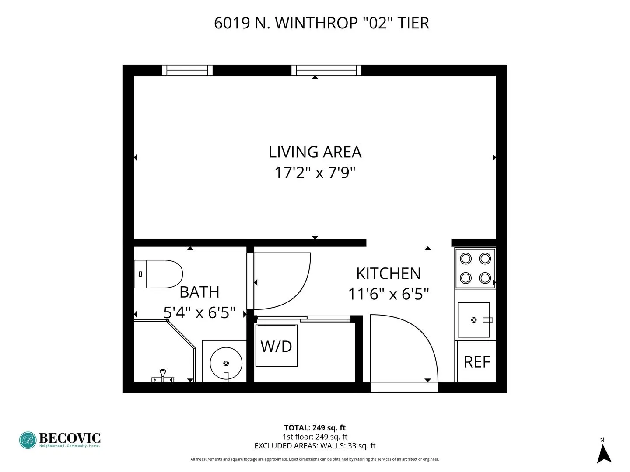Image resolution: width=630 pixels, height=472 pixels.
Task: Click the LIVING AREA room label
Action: pyautogui.click(x=315, y=152)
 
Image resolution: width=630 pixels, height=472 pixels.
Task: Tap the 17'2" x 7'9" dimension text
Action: pyautogui.click(x=315, y=173)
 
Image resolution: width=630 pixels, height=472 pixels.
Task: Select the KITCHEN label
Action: pyautogui.click(x=388, y=274)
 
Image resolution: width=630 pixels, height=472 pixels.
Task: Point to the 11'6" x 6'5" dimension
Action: pyautogui.click(x=388, y=294)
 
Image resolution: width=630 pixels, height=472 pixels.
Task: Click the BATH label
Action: pyautogui.click(x=199, y=292)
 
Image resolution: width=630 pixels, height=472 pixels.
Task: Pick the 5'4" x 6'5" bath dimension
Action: pyautogui.click(x=199, y=313)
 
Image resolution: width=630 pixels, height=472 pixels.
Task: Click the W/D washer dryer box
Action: pyautogui.click(x=276, y=346)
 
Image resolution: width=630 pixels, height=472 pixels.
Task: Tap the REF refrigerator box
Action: pyautogui.click(x=477, y=362)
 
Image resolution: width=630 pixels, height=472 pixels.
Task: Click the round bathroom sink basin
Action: pyautogui.click(x=226, y=363)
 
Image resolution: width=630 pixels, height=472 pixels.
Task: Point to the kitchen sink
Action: pyautogui.click(x=474, y=320)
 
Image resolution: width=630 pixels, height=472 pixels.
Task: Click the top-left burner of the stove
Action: pyautogui.click(x=466, y=259)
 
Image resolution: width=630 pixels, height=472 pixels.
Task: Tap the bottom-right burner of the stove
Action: pyautogui.click(x=485, y=278)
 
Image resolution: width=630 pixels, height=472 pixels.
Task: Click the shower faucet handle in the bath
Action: pyautogui.click(x=163, y=375)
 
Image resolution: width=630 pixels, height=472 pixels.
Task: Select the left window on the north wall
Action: pyautogui.click(x=187, y=70)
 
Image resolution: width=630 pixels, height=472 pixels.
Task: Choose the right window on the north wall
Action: pyautogui.click(x=326, y=70)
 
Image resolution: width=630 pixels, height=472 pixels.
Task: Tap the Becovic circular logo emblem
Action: pyautogui.click(x=28, y=440)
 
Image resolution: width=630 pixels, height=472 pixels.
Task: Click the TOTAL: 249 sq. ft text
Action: pyautogui.click(x=315, y=428)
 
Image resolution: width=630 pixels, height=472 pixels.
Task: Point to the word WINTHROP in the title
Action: pyautogui.click(x=317, y=23)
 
